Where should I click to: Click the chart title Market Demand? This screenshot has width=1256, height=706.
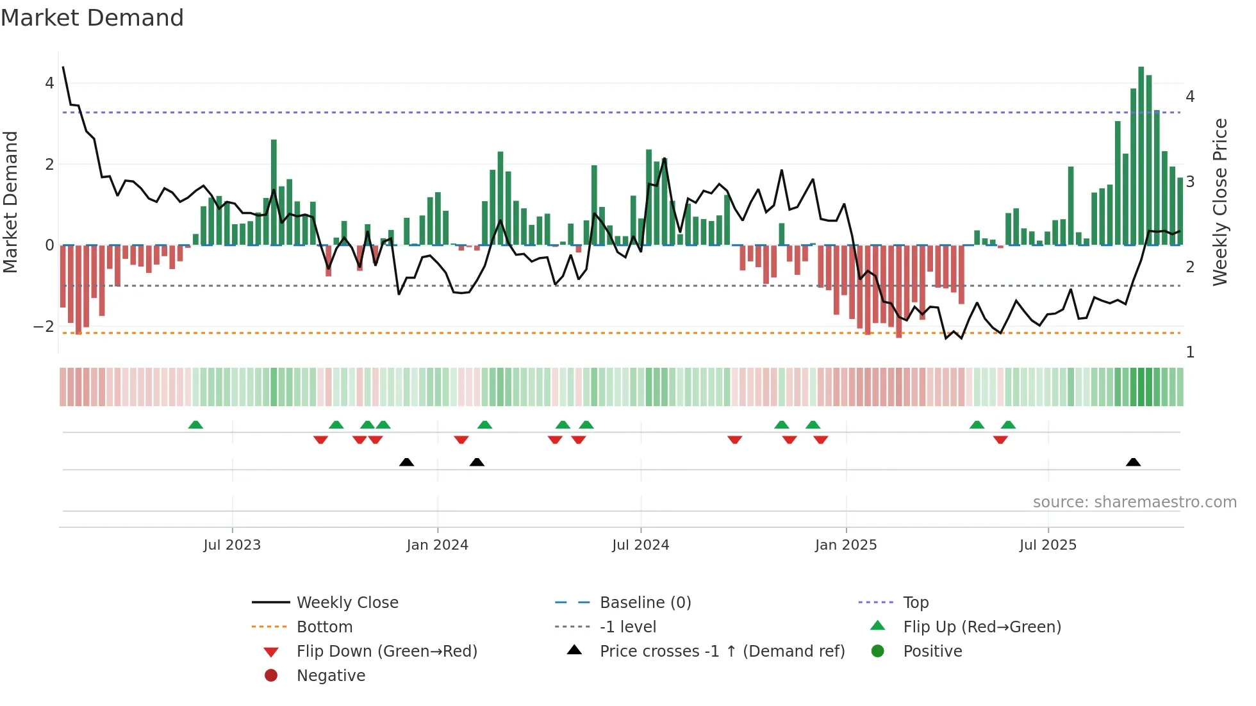(x=92, y=18)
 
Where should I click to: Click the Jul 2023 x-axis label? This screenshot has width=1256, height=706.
(x=232, y=545)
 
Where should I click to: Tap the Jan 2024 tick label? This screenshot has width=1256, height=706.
(x=437, y=545)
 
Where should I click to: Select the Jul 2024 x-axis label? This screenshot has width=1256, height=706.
(x=640, y=545)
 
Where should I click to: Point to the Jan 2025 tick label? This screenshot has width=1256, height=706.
(x=846, y=545)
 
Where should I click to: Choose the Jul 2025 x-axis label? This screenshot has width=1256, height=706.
(x=1048, y=545)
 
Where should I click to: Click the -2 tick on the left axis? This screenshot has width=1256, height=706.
(x=44, y=327)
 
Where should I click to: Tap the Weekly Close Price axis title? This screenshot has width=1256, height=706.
(x=1220, y=202)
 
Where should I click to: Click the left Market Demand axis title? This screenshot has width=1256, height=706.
(x=10, y=202)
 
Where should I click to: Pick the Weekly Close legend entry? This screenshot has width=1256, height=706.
(x=347, y=603)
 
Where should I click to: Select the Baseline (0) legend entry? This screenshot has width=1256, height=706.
(x=645, y=603)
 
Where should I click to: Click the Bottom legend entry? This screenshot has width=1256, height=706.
(x=324, y=627)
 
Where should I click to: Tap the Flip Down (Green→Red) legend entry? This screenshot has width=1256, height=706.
(x=386, y=652)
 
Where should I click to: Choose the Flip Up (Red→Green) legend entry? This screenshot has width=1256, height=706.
(x=982, y=627)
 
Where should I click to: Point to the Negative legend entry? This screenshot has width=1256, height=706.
(x=331, y=676)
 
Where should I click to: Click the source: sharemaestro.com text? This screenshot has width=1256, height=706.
(x=1134, y=502)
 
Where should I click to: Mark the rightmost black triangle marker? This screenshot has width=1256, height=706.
(x=1133, y=462)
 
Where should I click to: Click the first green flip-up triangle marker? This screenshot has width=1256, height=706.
(x=195, y=425)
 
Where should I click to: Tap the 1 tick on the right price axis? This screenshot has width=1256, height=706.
(x=1190, y=352)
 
